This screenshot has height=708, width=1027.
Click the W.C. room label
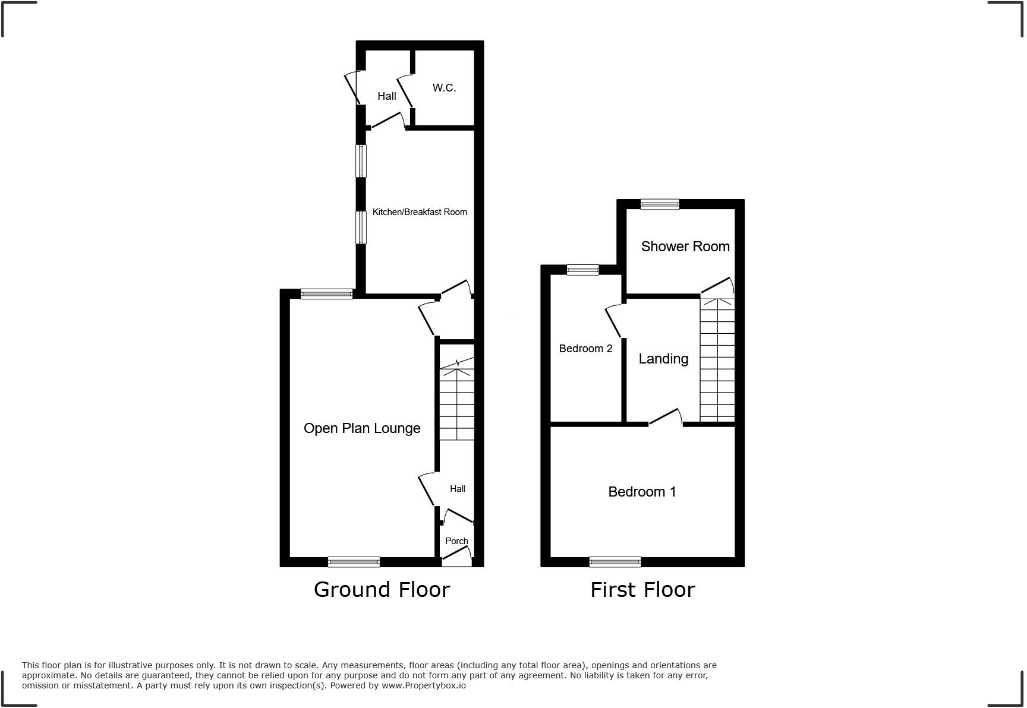[x=444, y=88]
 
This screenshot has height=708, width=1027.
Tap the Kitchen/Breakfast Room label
[x=420, y=212]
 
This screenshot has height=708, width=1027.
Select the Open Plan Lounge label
[x=362, y=428]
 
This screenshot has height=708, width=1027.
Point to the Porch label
[x=456, y=541]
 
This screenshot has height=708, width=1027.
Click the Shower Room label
[x=685, y=246]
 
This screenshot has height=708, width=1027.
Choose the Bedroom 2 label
[x=585, y=349]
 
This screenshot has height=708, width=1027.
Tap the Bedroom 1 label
[x=642, y=492]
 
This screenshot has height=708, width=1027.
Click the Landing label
[x=663, y=359]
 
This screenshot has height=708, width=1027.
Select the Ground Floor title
[x=382, y=590]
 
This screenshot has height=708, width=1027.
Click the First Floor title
[x=642, y=590]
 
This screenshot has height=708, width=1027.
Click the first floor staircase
[x=717, y=359]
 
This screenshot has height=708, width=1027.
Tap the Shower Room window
[x=660, y=204]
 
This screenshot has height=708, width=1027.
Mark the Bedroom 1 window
[x=615, y=561]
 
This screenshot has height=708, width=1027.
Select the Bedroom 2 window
[x=582, y=270]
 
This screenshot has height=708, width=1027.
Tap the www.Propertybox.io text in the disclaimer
[x=424, y=685]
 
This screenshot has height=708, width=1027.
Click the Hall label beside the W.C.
[x=387, y=96]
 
